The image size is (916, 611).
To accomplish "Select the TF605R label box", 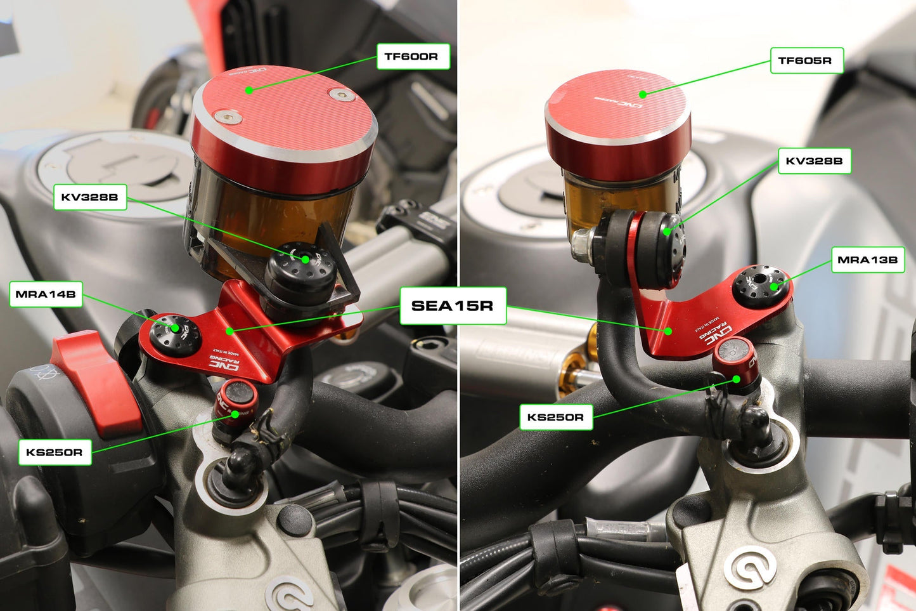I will click(x=806, y=61).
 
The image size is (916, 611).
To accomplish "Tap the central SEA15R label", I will click(x=453, y=306).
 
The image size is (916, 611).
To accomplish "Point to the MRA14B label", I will click(x=46, y=294).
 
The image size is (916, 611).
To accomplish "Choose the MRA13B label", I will click(x=867, y=260).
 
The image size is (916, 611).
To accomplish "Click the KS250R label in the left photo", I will click(x=55, y=452).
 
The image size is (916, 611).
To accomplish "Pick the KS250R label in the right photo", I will click(x=556, y=417).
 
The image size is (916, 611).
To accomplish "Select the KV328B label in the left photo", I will click(x=90, y=197).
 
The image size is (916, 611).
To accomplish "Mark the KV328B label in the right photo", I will click(x=814, y=161).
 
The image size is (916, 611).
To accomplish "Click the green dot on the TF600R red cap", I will click(x=249, y=90).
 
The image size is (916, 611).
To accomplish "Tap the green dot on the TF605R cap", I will click(x=643, y=95).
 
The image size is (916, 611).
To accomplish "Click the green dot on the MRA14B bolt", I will click(x=175, y=327).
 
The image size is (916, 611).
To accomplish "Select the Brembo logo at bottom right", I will click(x=750, y=566).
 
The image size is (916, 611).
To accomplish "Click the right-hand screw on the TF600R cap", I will click(x=343, y=95).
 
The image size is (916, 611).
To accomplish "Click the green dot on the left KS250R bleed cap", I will click(x=235, y=414).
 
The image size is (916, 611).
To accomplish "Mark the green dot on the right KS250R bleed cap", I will click(x=737, y=379).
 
